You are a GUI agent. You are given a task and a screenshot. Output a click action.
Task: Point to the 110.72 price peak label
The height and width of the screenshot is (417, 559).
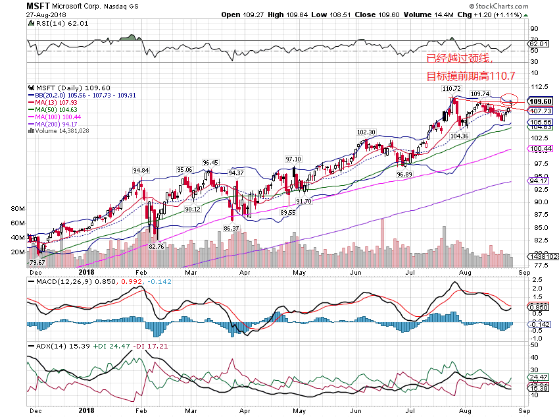pyautogui.click(x=451, y=88)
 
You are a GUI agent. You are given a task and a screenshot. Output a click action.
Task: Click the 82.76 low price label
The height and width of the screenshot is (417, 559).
pyautogui.click(x=156, y=246)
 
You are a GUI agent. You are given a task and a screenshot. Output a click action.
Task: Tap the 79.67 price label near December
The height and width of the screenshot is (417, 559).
pyautogui.click(x=39, y=262)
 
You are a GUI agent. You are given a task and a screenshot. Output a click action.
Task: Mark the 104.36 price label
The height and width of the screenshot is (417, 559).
pyautogui.click(x=459, y=136)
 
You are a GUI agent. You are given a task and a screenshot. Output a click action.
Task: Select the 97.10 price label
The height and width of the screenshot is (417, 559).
pyautogui.click(x=293, y=159)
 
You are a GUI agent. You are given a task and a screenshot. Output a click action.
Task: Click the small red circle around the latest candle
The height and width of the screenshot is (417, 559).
pyautogui.click(x=509, y=99)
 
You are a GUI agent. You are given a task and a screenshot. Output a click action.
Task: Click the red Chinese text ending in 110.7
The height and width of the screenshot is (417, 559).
pyautogui.click(x=470, y=76)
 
